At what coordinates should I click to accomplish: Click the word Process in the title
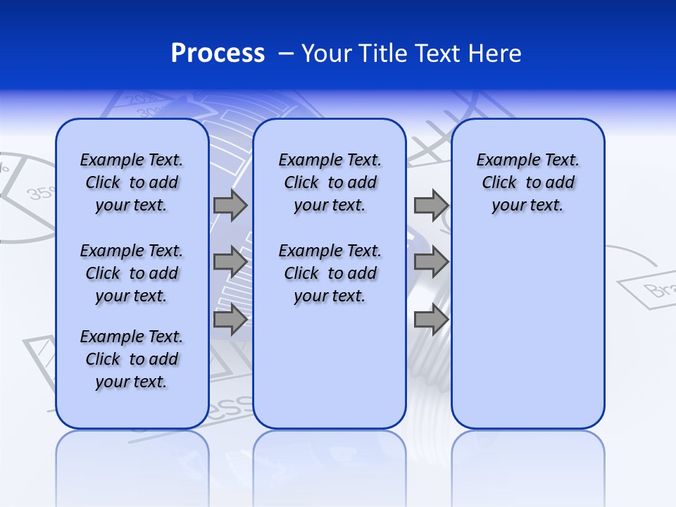218,53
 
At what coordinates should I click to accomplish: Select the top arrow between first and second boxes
230,205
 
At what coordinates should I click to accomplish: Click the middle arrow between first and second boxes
230,262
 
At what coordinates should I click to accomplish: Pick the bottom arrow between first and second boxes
230,320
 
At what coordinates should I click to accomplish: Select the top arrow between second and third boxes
431,205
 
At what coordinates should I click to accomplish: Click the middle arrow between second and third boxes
431,262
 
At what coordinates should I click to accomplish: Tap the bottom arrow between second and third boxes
431,320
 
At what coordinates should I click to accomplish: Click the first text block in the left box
132,182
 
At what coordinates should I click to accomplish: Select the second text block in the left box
132,273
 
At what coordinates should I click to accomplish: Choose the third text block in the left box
132,359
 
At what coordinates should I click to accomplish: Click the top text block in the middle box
330,182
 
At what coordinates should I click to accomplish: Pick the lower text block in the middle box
330,273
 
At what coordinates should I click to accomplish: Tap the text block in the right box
527,182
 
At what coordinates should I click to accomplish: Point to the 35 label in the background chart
39,192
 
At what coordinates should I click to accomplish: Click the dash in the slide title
286,54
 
